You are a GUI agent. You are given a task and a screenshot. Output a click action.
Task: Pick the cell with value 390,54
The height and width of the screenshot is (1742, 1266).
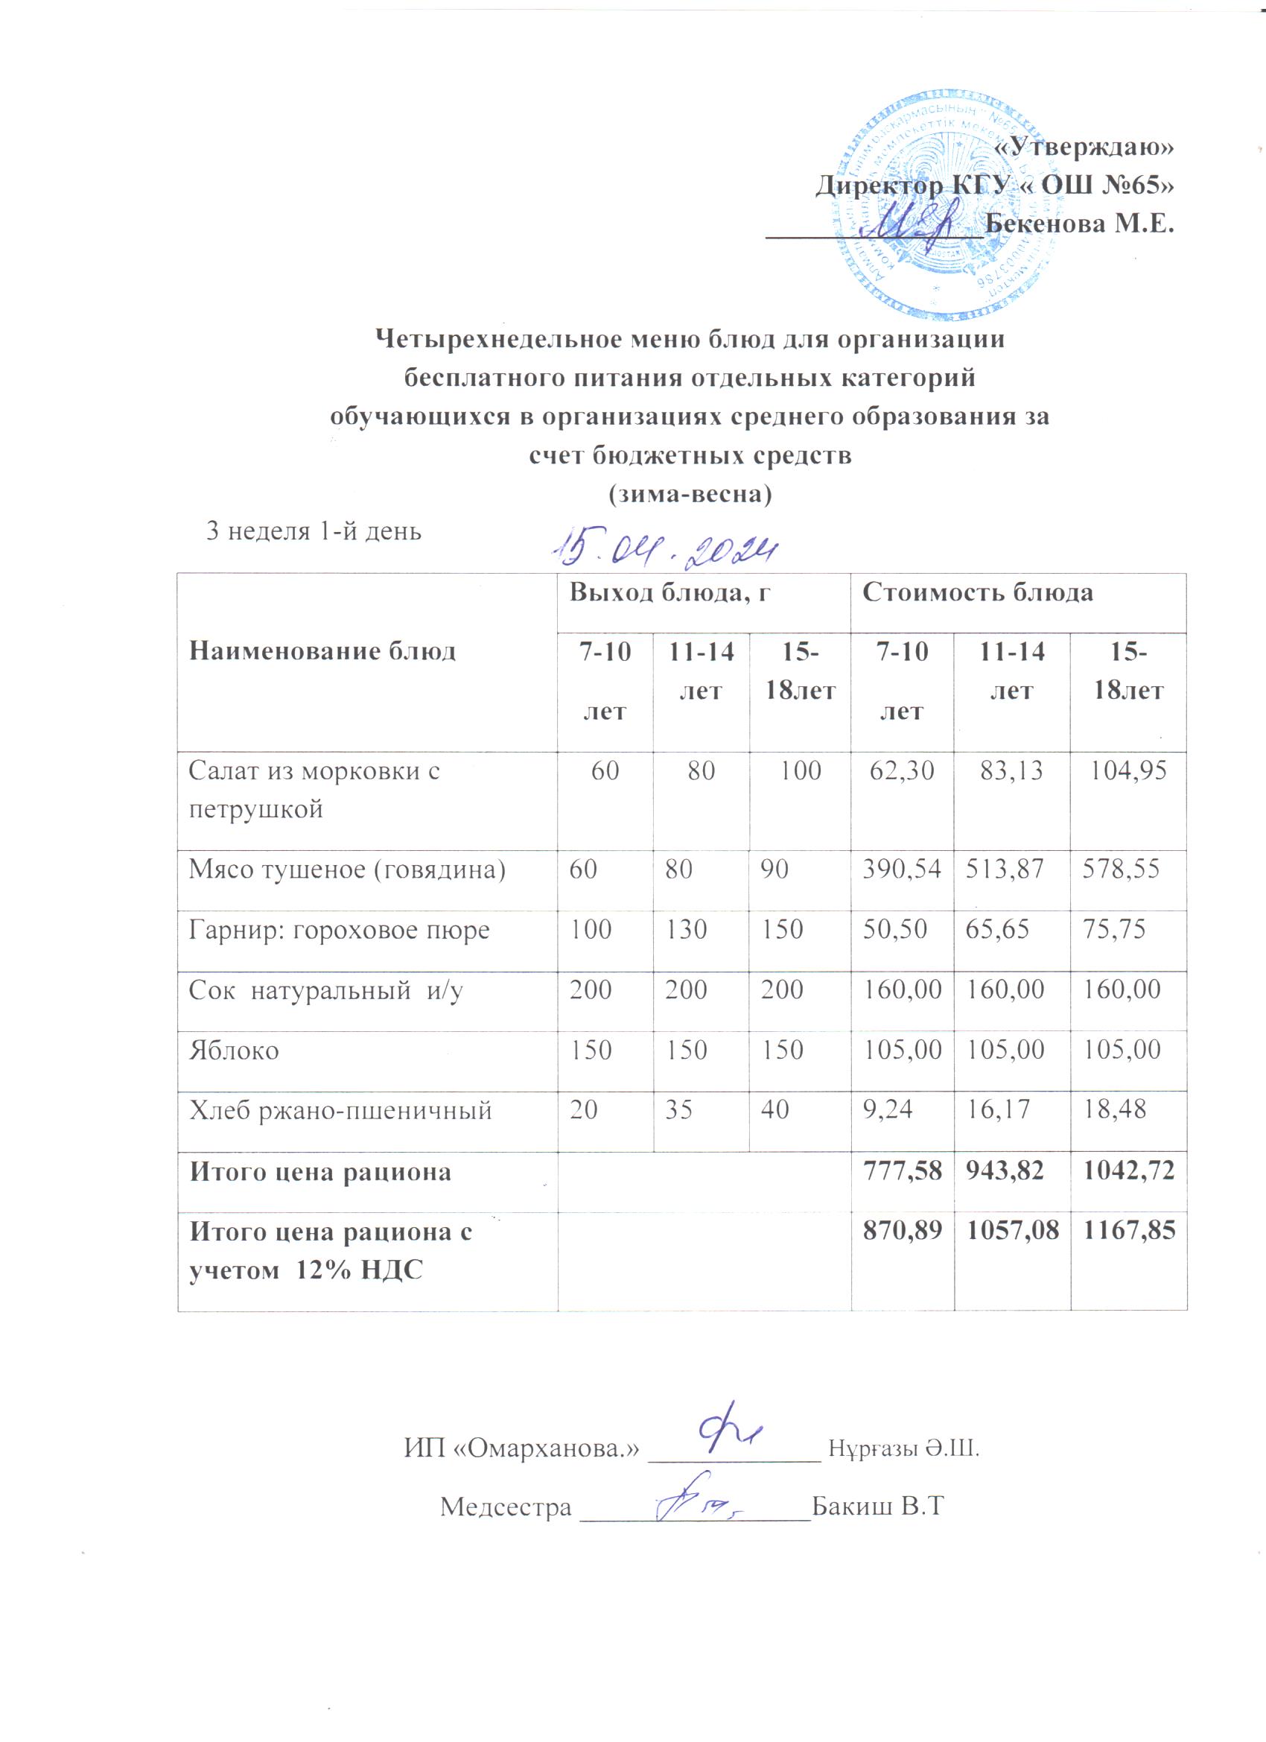click(x=901, y=870)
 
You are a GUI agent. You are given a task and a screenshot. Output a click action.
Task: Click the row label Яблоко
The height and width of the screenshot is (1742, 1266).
click(x=234, y=1051)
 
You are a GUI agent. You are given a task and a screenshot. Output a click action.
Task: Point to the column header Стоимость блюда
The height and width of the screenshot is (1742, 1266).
click(x=977, y=592)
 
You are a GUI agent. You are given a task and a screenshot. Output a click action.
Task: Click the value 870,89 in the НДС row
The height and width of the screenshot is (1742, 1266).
click(x=901, y=1233)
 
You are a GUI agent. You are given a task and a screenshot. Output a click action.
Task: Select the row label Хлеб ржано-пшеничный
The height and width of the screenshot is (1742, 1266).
click(x=340, y=1111)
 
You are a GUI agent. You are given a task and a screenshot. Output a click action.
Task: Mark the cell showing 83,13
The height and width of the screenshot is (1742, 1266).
click(x=1012, y=770)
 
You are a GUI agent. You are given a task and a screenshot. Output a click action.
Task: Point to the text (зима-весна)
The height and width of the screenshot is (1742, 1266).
click(x=689, y=494)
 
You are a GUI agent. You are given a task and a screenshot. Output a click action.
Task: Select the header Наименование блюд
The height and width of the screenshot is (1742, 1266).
click(x=322, y=651)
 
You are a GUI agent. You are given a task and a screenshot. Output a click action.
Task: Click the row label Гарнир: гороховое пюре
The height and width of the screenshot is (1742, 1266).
click(x=340, y=930)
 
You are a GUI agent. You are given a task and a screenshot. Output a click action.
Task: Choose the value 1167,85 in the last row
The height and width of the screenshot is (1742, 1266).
click(x=1128, y=1233)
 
